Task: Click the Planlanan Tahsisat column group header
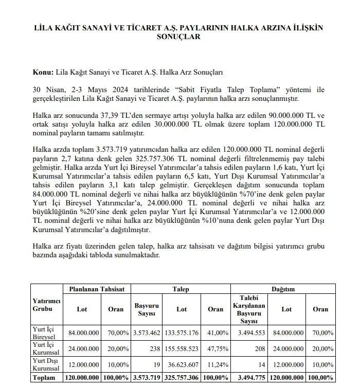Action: click(x=97, y=289)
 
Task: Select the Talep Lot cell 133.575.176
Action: click(x=182, y=334)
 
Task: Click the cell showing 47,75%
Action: click(x=215, y=348)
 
